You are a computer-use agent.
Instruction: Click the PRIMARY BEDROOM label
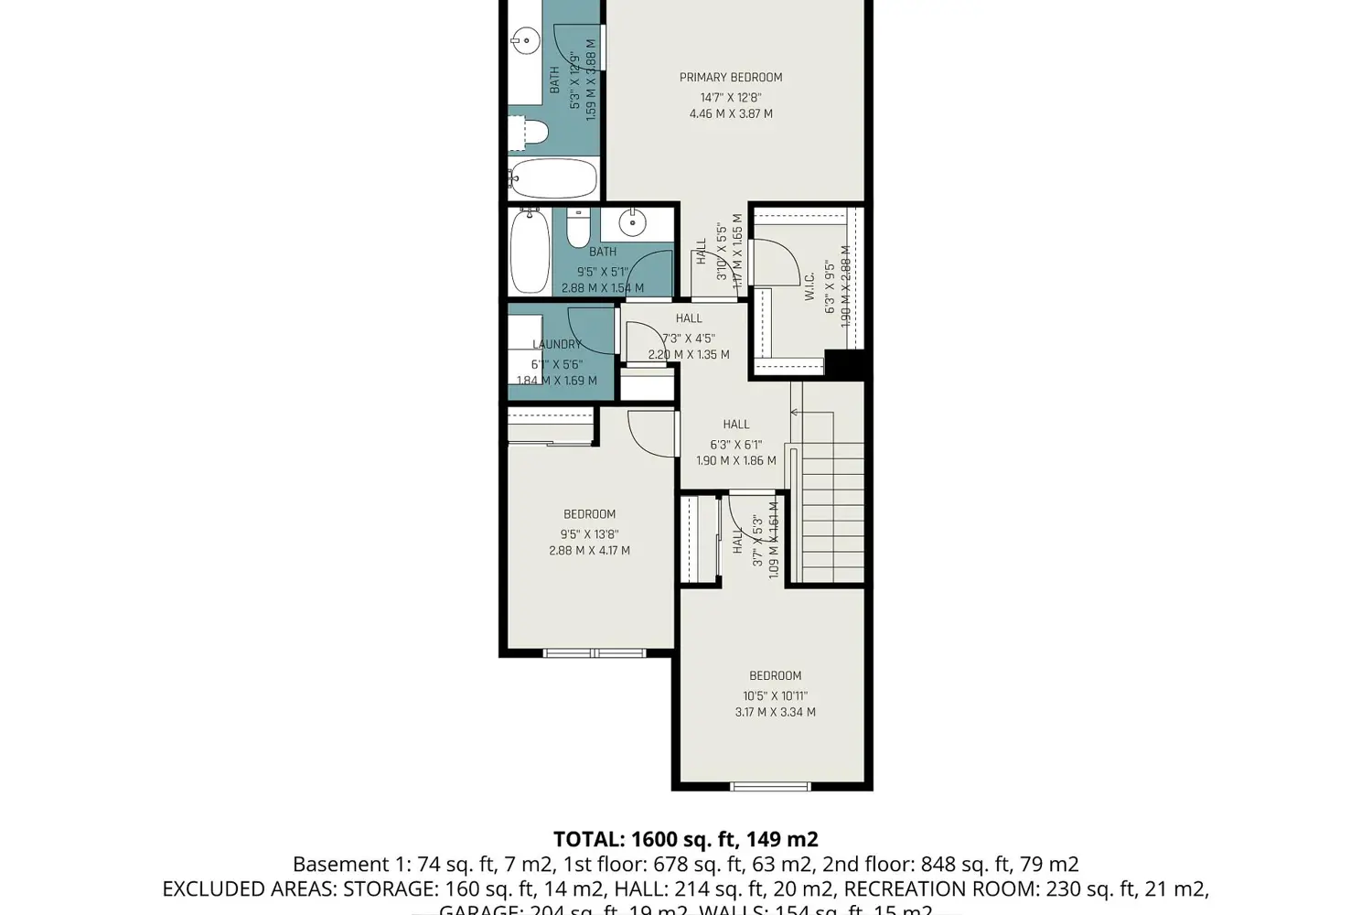[x=730, y=78]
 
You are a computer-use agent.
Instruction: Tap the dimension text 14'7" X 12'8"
[x=730, y=97]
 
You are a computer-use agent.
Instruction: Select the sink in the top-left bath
[x=524, y=39]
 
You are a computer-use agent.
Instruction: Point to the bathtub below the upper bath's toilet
[x=553, y=178]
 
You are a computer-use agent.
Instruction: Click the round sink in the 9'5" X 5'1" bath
[x=632, y=222]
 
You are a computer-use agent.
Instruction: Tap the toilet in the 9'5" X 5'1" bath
[x=578, y=228]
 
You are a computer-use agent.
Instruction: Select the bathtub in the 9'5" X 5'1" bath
[x=530, y=251]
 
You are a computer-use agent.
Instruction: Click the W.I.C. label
[x=809, y=286]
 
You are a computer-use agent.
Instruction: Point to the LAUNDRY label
[x=556, y=344]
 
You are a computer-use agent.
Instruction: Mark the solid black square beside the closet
[x=845, y=363]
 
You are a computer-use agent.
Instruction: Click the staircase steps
[x=832, y=512]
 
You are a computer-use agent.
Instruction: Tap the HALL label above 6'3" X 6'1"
[x=735, y=425]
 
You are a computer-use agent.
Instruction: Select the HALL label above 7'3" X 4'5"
[x=689, y=318]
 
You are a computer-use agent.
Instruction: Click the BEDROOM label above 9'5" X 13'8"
[x=589, y=514]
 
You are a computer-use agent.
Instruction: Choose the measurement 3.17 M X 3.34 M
[x=775, y=712]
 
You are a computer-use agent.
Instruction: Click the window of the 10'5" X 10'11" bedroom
[x=770, y=786]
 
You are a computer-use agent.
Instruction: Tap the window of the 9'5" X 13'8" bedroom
[x=594, y=653]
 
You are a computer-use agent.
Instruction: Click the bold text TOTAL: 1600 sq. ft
[x=685, y=839]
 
